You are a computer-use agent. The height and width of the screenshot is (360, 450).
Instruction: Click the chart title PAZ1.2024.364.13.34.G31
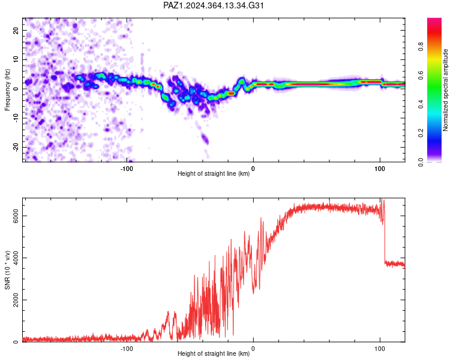[x=213, y=5]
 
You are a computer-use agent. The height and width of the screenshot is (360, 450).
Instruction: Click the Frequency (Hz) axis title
[x=7, y=90]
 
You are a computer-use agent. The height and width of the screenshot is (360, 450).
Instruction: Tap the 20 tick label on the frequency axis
[x=16, y=30]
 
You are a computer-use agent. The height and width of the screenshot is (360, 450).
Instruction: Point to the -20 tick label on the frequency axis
[x=16, y=147]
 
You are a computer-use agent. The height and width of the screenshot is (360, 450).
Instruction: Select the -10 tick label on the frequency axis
[x=16, y=118]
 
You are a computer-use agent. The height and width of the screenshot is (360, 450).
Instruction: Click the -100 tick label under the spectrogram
[x=126, y=169]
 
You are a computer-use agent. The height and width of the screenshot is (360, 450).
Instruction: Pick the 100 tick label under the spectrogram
[x=380, y=169]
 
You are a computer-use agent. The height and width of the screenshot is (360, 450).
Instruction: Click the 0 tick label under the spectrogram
[x=253, y=169]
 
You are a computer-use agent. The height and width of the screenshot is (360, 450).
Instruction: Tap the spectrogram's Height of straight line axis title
[x=214, y=173]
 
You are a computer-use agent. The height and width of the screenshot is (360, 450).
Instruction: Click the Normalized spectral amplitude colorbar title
[x=445, y=90]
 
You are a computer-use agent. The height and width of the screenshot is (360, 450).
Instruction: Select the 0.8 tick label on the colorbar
[x=421, y=46]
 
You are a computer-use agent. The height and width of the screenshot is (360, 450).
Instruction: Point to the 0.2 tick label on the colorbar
[x=421, y=133]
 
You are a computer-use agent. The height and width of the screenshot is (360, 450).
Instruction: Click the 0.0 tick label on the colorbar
[x=421, y=162]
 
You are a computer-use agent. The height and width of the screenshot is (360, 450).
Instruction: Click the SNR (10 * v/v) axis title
[x=7, y=270]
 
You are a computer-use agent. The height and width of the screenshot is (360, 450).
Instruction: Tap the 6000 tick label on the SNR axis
[x=16, y=215]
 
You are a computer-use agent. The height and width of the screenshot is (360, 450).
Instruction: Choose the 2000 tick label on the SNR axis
[x=16, y=300]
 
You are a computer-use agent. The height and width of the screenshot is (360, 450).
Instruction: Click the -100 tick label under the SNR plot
[x=126, y=349]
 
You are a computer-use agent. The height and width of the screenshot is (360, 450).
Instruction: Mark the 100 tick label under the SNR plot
[x=380, y=349]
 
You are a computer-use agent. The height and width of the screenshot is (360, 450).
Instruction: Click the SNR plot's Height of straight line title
[x=214, y=353]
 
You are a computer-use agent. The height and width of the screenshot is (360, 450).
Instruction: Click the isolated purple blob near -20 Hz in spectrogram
[x=205, y=139]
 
